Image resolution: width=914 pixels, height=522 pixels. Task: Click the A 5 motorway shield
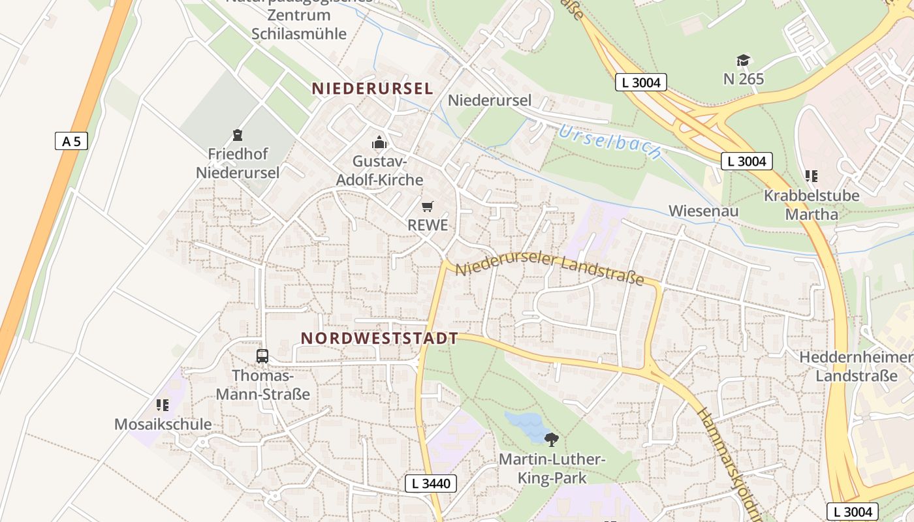(x=71, y=141)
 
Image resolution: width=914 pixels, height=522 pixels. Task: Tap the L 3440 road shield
(x=431, y=484)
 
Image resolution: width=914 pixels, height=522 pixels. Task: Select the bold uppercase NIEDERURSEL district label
(x=372, y=88)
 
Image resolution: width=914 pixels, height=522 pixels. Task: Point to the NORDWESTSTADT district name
(x=379, y=338)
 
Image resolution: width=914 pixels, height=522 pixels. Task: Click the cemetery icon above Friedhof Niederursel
(x=237, y=136)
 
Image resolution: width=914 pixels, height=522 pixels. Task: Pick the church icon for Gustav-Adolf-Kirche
(x=379, y=142)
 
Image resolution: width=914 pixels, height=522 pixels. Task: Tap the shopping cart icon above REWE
(x=428, y=207)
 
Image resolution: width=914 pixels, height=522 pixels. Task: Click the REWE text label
(x=428, y=225)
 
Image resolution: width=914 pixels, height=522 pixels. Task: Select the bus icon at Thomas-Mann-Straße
(x=262, y=356)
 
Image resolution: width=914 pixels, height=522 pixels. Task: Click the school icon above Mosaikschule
(x=163, y=405)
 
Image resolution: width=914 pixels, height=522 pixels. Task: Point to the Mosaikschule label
(x=163, y=424)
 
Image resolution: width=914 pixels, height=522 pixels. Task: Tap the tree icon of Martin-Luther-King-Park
(x=552, y=439)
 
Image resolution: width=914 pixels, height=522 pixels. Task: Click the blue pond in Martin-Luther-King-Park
(x=526, y=426)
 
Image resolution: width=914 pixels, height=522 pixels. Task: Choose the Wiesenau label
(x=703, y=211)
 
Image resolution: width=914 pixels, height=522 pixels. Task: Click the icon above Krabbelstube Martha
(x=812, y=176)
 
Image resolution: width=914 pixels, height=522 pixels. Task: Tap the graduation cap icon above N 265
(x=744, y=61)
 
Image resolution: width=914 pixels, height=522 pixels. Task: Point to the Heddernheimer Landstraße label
(x=856, y=367)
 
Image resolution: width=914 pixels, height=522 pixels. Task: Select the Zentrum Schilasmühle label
(x=299, y=25)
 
